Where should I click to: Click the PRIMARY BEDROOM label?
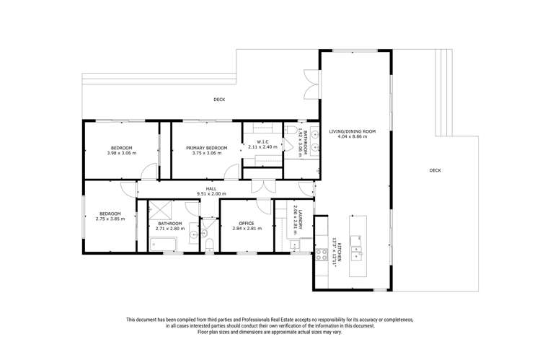click(x=207, y=148)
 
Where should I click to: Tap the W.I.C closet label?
click(x=262, y=141)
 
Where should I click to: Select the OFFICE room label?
click(x=247, y=223)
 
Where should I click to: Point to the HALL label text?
click(x=211, y=189)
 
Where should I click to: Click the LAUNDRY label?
click(x=301, y=220)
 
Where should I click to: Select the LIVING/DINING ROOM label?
click(x=353, y=131)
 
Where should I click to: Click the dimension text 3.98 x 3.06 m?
click(x=122, y=153)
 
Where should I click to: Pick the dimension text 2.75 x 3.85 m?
click(x=110, y=219)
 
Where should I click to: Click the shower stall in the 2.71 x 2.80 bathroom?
click(x=160, y=210)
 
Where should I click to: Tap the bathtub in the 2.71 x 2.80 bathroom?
click(x=163, y=244)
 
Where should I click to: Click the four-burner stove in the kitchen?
click(x=322, y=255)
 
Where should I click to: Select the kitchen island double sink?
click(x=356, y=247)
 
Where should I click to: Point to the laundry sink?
click(x=295, y=245)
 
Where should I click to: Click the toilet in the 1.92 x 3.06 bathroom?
click(x=291, y=130)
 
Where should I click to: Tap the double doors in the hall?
click(x=263, y=186)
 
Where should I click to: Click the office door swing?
click(x=264, y=206)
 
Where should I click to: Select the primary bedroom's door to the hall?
click(x=231, y=172)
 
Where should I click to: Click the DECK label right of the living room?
click(x=435, y=170)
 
